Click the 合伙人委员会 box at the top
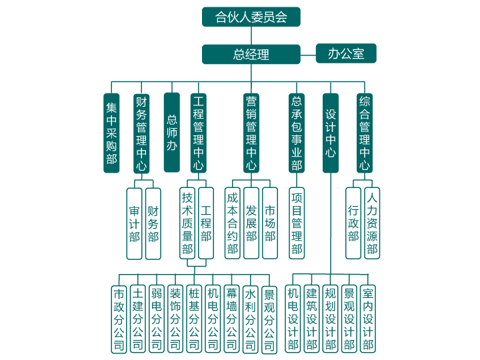click(251, 17)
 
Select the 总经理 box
click(251, 54)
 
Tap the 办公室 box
click(346, 53)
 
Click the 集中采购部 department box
click(111, 133)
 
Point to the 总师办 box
click(171, 133)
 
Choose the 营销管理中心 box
click(251, 133)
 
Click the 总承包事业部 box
click(297, 133)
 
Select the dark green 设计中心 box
click(331, 133)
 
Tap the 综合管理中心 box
click(365, 133)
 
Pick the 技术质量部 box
click(187, 223)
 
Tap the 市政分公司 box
click(119, 319)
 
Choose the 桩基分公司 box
click(194, 319)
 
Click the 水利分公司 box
click(251, 319)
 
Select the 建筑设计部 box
click(312, 319)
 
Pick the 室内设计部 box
click(368, 319)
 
